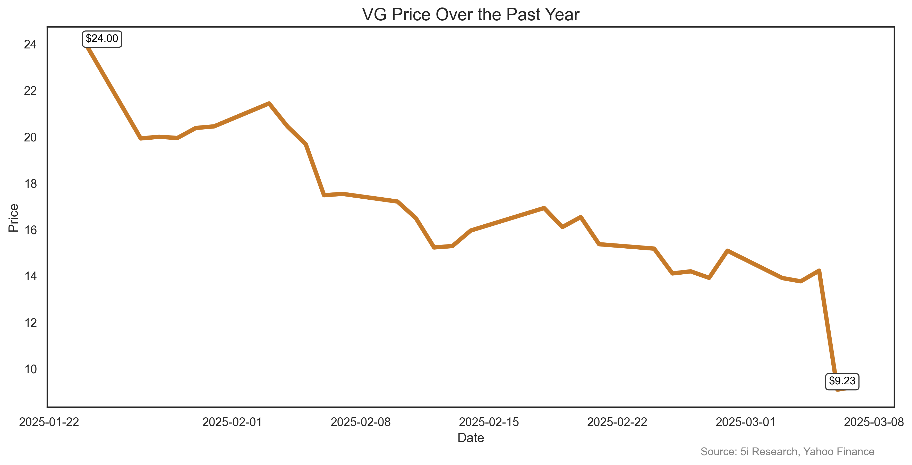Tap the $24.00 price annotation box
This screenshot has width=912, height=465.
102,39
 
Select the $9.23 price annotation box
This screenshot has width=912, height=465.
842,381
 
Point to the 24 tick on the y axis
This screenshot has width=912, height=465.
30,44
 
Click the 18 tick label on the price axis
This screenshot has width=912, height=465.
30,184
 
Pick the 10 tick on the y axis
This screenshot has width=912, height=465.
30,369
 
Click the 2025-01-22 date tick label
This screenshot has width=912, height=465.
49,422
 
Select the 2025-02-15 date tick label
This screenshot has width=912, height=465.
489,422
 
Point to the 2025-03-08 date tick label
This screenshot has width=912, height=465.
874,422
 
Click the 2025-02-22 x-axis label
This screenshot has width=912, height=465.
617,422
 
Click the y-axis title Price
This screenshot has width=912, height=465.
13,218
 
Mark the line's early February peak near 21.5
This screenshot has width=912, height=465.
269,103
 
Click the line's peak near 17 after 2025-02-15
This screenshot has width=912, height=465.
544,208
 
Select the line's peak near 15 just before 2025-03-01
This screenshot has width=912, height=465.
727,251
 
